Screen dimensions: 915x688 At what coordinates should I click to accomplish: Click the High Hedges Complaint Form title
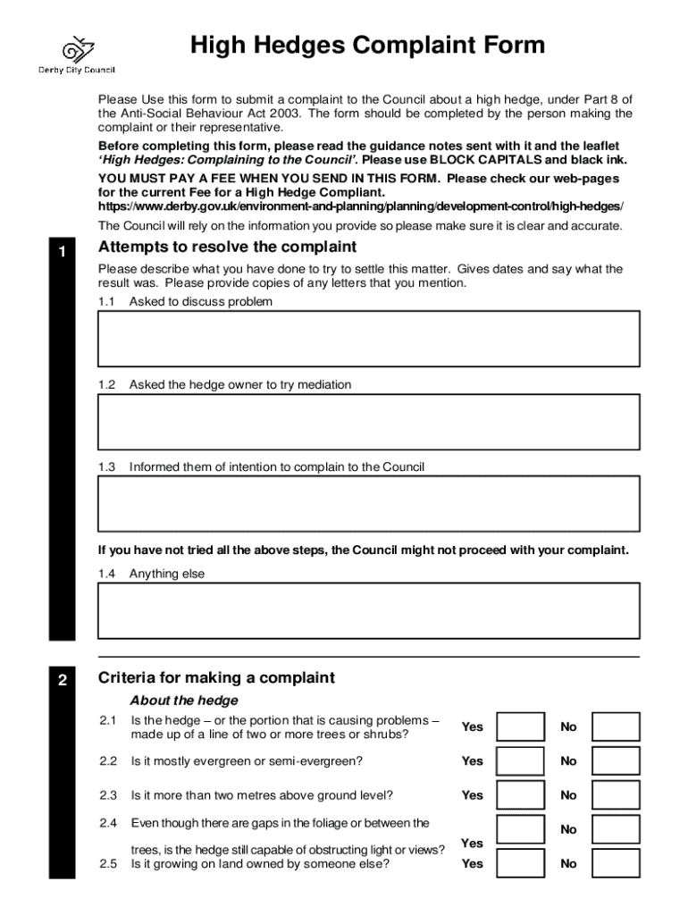click(x=367, y=46)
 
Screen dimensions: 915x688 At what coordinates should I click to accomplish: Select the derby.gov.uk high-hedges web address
click(x=361, y=206)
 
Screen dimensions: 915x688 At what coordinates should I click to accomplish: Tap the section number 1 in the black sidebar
click(x=62, y=253)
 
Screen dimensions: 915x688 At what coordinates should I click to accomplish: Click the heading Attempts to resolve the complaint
click(x=227, y=248)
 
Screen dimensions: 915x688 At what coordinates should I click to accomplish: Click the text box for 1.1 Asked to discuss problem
click(x=368, y=339)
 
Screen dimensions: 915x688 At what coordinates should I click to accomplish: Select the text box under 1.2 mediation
click(x=368, y=422)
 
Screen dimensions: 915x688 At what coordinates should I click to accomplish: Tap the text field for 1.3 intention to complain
click(x=368, y=504)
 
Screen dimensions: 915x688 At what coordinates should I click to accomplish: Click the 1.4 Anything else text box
click(x=368, y=611)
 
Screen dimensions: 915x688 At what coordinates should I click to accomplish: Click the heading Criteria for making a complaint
click(x=216, y=678)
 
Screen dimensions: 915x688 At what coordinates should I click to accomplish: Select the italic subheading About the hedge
click(x=184, y=701)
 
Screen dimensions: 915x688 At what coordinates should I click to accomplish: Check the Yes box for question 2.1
click(x=520, y=726)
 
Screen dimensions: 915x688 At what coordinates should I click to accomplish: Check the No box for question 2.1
click(x=616, y=726)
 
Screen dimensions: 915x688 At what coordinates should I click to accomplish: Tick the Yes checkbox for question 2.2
click(x=520, y=761)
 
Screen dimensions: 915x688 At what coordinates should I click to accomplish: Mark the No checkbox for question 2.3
click(x=616, y=795)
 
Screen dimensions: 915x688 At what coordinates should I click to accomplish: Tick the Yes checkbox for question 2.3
click(x=520, y=795)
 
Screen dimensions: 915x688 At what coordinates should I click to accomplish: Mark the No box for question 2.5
click(x=616, y=864)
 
